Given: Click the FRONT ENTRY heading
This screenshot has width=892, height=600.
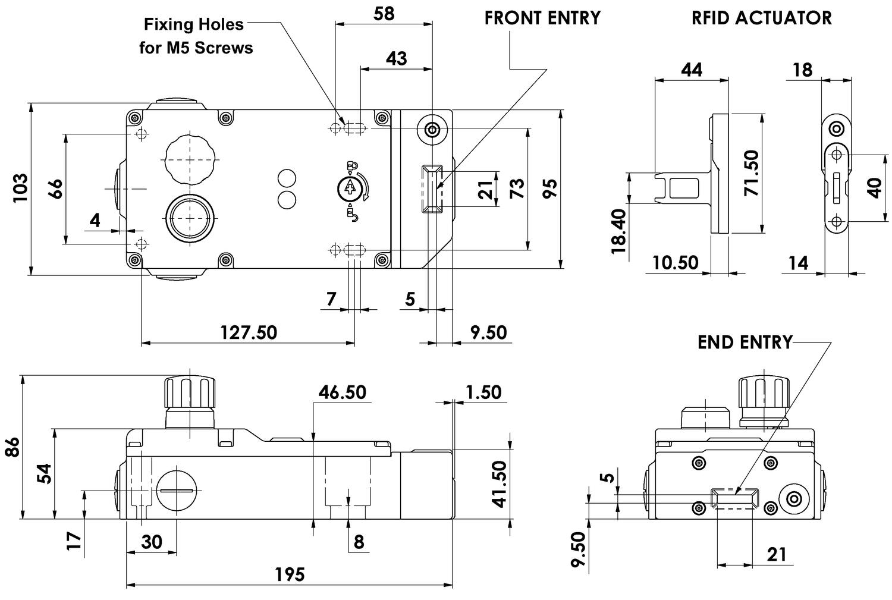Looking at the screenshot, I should [542, 18].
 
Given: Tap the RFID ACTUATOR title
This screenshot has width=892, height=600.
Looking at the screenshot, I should [761, 18].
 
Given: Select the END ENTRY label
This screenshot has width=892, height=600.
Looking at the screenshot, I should [745, 343].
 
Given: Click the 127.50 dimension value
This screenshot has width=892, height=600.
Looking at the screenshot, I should [249, 332].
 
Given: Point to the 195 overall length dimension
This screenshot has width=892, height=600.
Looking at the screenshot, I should [290, 574].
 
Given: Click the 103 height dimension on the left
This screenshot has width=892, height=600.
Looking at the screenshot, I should [21, 188].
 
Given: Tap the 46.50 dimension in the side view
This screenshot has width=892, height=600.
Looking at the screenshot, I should [342, 392].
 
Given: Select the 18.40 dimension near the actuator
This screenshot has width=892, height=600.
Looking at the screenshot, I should [618, 231].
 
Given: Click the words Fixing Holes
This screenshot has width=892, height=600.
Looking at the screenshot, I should [194, 25].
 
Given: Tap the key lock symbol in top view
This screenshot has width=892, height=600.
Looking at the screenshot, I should [349, 189].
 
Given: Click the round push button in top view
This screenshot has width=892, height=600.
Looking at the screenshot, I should [189, 218].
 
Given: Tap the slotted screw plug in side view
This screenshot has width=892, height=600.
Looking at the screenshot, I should [177, 490].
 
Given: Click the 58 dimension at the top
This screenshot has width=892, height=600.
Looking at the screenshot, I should [384, 13].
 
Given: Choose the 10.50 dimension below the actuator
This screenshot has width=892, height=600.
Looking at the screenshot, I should [675, 262].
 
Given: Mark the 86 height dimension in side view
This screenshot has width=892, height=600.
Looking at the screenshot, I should [12, 447].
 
